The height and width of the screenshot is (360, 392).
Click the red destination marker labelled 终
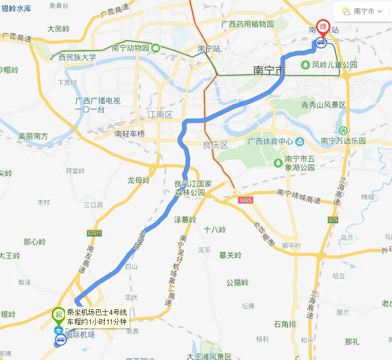click(x=322, y=27)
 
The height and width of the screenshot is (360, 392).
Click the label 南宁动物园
click(x=130, y=48)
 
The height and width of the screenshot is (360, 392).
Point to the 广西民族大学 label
click(x=73, y=57)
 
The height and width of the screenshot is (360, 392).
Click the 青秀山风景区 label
click(x=323, y=105)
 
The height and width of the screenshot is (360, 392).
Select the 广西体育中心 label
click(x=270, y=142)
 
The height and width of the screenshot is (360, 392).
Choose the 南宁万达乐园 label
click(x=343, y=141)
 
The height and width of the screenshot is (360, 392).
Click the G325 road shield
click(x=246, y=200)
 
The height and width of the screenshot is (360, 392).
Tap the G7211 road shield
click(x=94, y=233)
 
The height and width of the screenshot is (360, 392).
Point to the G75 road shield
click(x=333, y=220)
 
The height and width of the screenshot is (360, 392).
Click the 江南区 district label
click(x=160, y=115)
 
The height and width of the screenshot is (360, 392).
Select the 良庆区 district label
click(x=215, y=145)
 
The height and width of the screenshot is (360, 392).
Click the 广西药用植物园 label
click(x=247, y=25)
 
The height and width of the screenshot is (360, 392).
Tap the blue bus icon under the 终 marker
click(x=321, y=42)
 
